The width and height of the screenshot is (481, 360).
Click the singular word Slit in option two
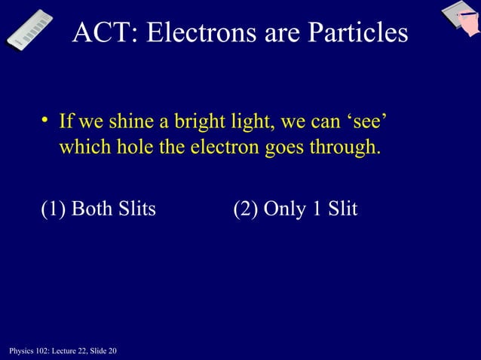[x=342, y=209]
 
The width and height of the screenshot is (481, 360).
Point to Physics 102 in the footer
[x=26, y=352]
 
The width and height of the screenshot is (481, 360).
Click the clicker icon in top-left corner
[x=29, y=30]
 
